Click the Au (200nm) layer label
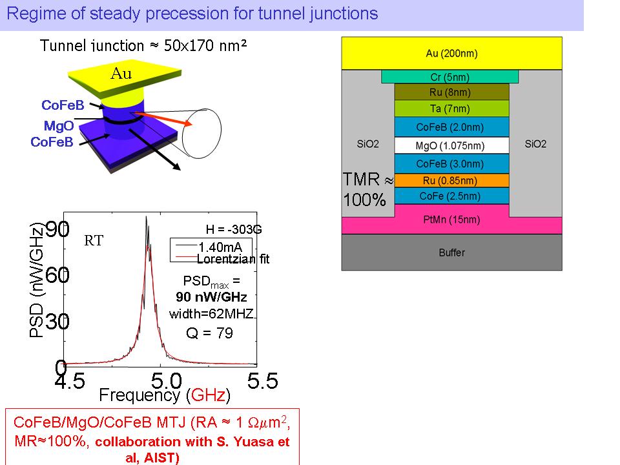click(451, 54)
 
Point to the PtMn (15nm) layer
click(451, 220)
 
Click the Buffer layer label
click(451, 253)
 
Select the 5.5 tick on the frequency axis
click(262, 382)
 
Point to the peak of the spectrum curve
click(147, 218)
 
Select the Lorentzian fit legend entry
click(232, 260)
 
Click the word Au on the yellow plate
click(121, 74)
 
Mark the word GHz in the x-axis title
click(207, 394)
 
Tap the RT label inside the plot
click(94, 241)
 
